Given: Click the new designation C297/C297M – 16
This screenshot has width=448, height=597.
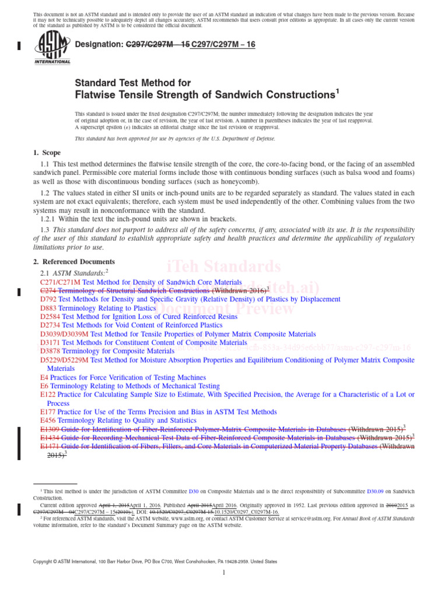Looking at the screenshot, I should tap(223, 44).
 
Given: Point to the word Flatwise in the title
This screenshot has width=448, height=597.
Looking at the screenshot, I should tap(97, 94).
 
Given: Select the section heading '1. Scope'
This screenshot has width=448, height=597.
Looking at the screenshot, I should tap(47, 153).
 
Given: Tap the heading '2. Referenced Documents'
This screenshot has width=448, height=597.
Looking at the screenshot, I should tap(74, 262).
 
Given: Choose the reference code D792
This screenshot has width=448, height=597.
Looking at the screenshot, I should tap(48, 299).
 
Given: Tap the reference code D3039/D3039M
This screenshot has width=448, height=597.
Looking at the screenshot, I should tap(64, 334).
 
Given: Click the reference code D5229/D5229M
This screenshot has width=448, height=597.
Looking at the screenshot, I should tap(64, 360).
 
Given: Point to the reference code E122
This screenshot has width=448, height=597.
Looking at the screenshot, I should tap(48, 395).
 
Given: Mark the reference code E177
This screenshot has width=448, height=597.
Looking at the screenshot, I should tap(48, 412).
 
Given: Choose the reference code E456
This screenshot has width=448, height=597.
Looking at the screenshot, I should tap(48, 420).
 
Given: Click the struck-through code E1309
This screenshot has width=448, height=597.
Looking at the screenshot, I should tap(50, 429).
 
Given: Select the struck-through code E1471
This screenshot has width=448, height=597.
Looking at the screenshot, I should tap(50, 447).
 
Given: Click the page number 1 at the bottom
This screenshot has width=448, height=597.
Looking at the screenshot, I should tap(223, 573).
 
